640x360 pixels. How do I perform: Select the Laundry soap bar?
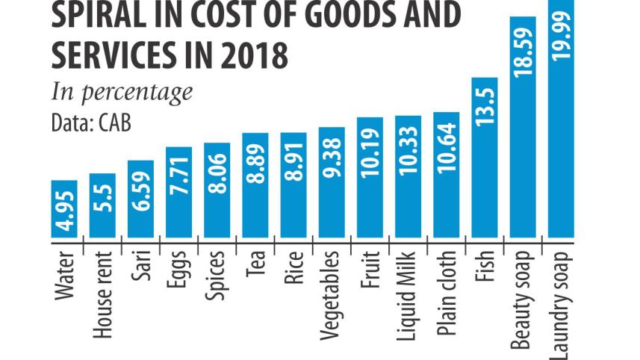(x=561, y=120)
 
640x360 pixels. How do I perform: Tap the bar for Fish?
(x=485, y=158)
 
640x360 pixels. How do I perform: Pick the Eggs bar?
(x=179, y=192)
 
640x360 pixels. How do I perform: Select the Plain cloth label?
(x=447, y=290)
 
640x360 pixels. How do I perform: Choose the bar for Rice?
(x=293, y=186)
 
